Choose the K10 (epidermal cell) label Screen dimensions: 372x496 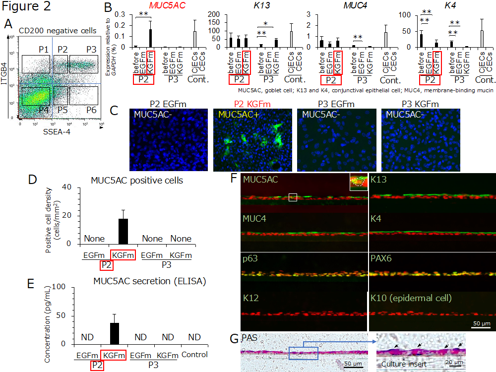click(411, 299)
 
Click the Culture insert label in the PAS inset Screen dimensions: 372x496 click(400, 365)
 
